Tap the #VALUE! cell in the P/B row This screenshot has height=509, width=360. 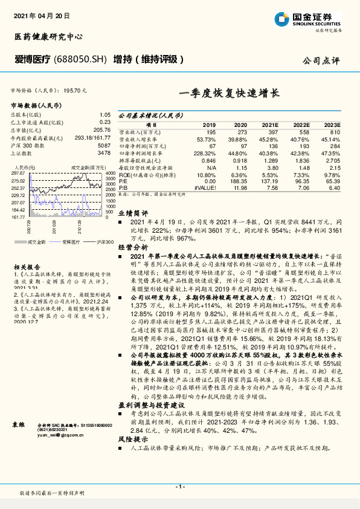tap(205, 187)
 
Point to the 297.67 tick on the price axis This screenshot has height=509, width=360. tap(19, 173)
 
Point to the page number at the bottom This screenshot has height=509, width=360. tap(179, 486)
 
